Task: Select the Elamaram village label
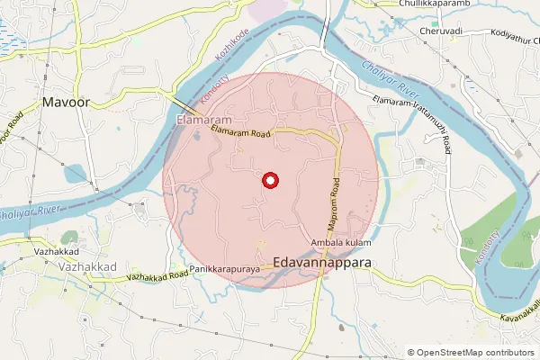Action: (x=204, y=119)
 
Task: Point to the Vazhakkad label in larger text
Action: (x=83, y=267)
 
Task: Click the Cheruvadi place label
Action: (x=441, y=31)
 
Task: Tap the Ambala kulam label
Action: (x=340, y=243)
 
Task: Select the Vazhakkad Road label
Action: (x=157, y=275)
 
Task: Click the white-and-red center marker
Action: (x=269, y=181)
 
